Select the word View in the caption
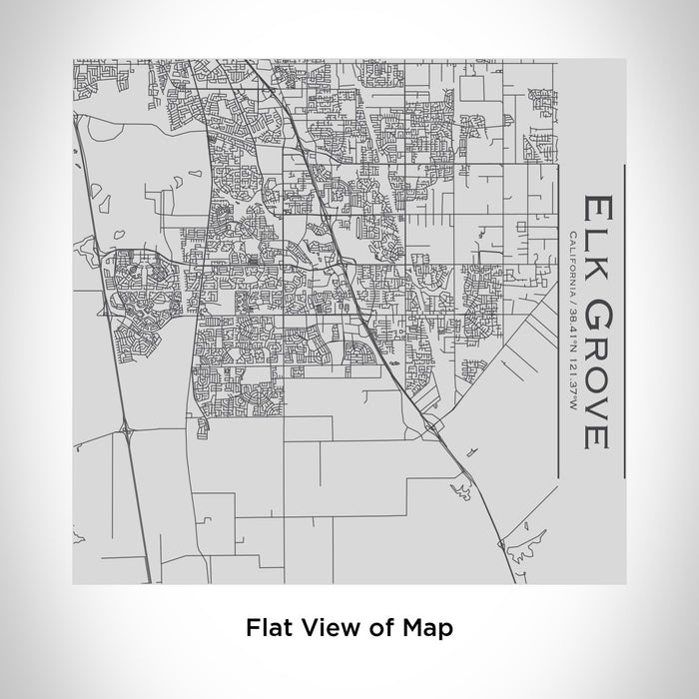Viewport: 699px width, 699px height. coord(325,628)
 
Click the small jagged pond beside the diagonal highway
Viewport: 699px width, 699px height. coord(460,488)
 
